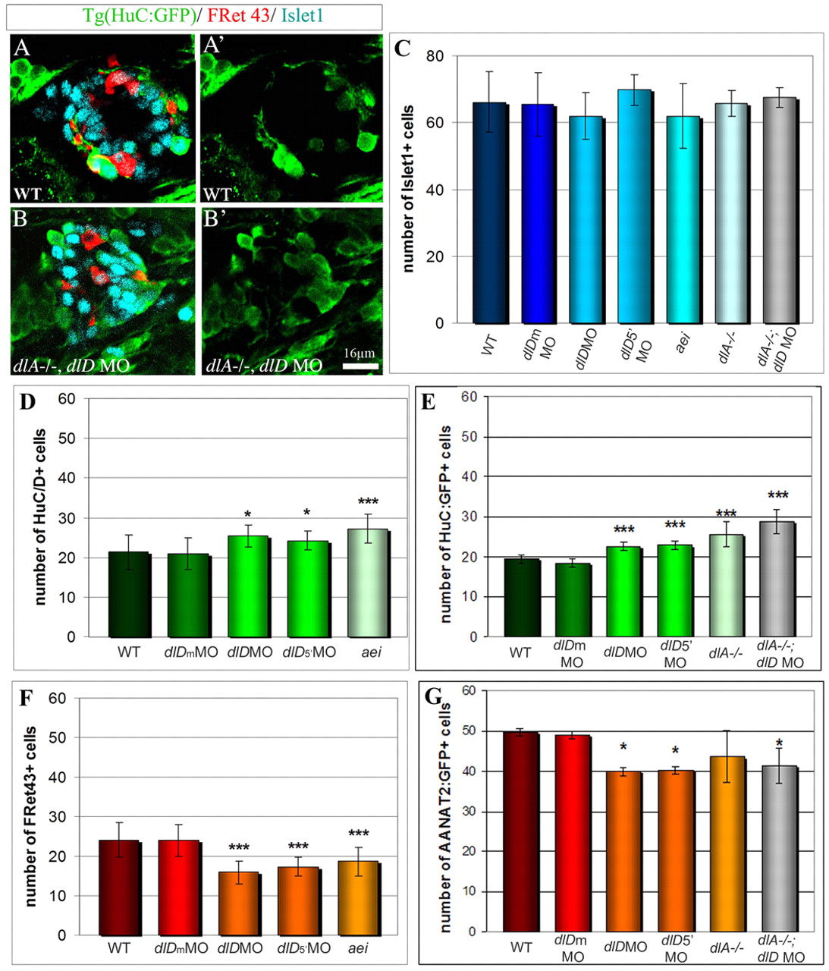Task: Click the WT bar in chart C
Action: click(490, 213)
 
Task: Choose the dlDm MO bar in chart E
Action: click(571, 600)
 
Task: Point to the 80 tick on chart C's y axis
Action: click(435, 56)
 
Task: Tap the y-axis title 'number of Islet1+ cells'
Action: click(409, 190)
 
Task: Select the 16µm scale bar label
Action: click(360, 354)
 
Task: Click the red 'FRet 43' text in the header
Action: click(238, 15)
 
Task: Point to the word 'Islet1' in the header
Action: click(303, 15)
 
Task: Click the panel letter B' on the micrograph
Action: click(214, 219)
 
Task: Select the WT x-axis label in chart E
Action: click(520, 652)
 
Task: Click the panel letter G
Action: click(433, 696)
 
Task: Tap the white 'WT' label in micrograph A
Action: click(27, 193)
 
